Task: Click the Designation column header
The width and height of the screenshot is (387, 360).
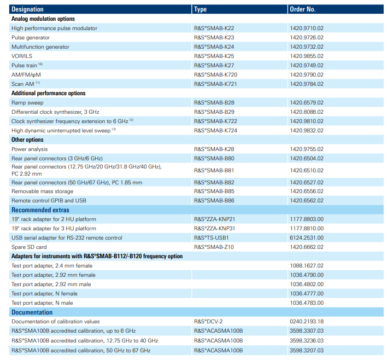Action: (x=27, y=9)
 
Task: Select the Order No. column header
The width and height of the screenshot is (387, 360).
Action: (x=303, y=9)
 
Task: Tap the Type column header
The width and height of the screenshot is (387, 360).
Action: (x=200, y=9)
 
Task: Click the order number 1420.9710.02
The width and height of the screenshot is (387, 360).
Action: (x=307, y=28)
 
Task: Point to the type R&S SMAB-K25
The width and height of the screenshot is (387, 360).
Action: (x=214, y=56)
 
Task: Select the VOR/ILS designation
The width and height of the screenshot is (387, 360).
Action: (x=22, y=56)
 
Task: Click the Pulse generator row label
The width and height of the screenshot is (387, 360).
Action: (x=31, y=38)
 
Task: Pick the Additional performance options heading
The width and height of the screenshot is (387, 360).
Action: (x=48, y=93)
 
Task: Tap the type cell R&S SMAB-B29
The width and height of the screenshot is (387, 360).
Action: (x=214, y=112)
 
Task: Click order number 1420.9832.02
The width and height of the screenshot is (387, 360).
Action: (x=307, y=130)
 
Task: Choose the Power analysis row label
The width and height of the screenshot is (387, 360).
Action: (x=30, y=149)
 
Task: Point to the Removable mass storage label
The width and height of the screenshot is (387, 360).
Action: (x=43, y=191)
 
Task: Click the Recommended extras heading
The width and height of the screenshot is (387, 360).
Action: (x=40, y=210)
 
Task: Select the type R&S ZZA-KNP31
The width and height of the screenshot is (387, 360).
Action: (x=214, y=229)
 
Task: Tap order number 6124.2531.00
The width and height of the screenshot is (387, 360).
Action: (x=307, y=237)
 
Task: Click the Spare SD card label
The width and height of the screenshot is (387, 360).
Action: (x=29, y=247)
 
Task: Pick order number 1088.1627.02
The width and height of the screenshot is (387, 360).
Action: (x=307, y=265)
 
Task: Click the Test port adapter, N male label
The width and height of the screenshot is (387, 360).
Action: (x=42, y=303)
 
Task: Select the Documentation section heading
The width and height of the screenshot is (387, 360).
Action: (x=32, y=312)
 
